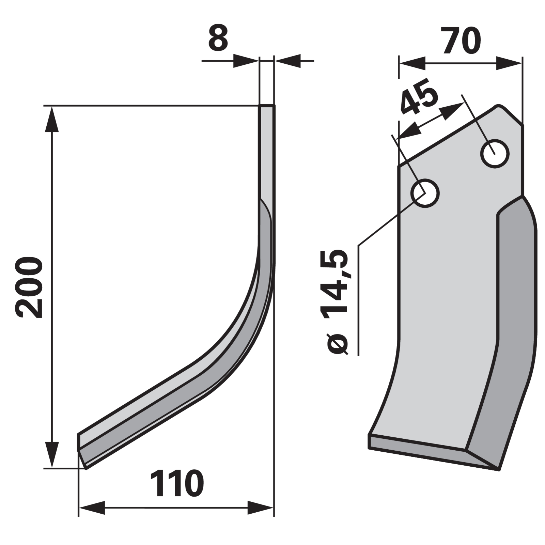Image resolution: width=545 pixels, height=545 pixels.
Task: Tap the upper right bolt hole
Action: point(495,154)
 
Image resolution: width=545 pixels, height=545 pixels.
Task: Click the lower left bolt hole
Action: point(425,193)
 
